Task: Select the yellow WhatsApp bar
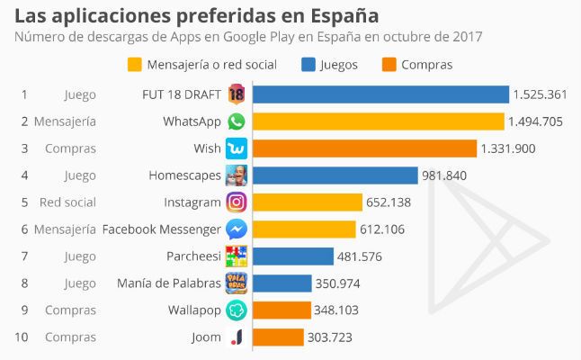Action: pos(378,121)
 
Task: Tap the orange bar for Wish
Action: pos(364,148)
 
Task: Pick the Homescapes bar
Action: pos(335,175)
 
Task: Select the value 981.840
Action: pos(445,175)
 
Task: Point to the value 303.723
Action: pos(330,337)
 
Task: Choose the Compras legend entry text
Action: pos(426,65)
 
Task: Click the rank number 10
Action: pos(24,337)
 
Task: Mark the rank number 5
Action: pos(24,202)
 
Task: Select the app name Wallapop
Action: pos(194,310)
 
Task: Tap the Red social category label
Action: pos(67,202)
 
